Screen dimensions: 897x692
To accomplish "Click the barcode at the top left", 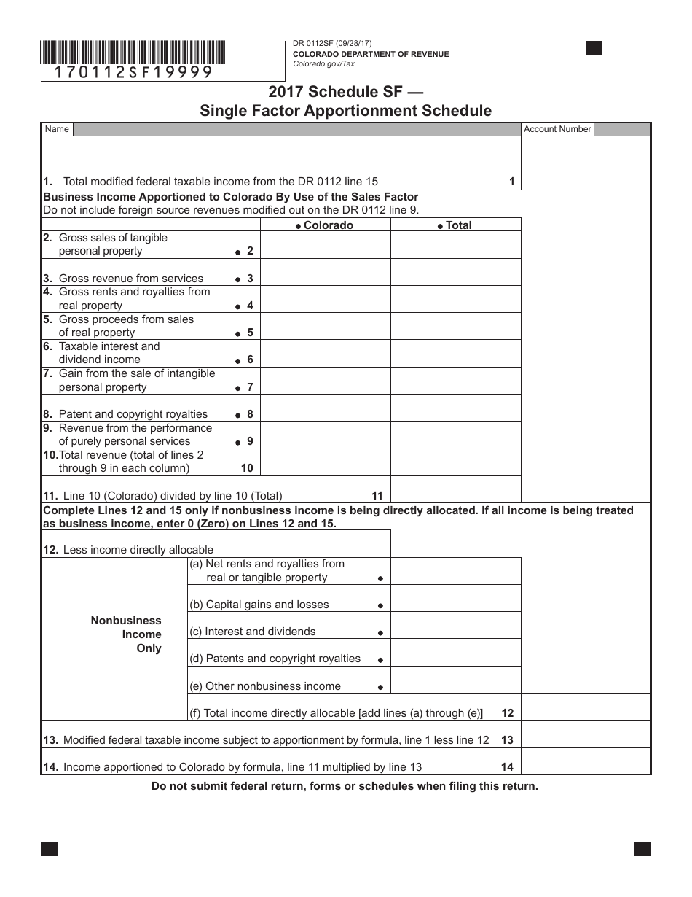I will point(133,53).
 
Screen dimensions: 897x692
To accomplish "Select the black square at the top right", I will point(594,48).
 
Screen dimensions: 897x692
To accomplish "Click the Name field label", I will point(57,129).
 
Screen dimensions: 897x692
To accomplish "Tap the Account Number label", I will point(557,129).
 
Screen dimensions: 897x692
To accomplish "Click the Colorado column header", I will point(325,225).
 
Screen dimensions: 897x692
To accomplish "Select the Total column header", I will point(455,225).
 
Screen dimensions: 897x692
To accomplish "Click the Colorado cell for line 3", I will point(325,272).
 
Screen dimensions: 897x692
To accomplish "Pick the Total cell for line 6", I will point(455,354).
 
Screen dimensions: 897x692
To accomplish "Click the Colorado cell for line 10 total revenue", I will point(325,462).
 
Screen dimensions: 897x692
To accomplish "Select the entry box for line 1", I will point(586,176).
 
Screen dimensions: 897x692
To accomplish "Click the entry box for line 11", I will point(455,489).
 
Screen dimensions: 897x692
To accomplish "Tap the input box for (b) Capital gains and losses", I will point(455,598).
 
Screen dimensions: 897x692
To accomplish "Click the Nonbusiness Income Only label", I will point(126,634).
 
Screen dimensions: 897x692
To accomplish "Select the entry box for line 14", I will point(586,761).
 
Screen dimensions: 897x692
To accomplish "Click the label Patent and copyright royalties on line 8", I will point(133,414).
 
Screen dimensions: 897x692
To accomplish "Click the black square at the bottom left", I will point(49,849).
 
